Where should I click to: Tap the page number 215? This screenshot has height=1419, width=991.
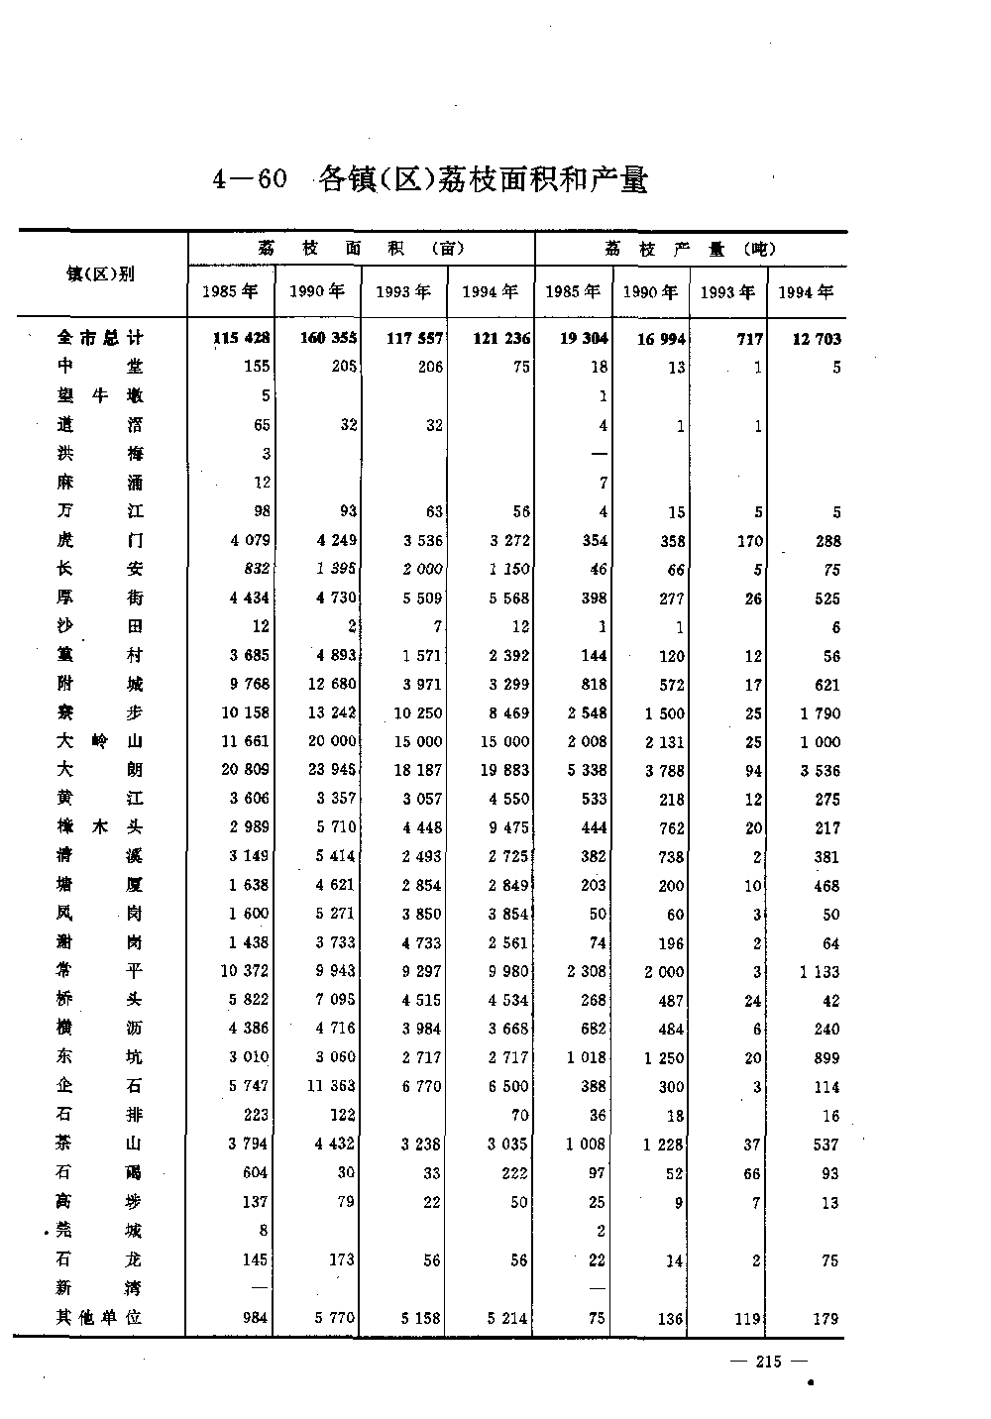coord(767,1362)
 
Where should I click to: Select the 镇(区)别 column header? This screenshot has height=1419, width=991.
coord(101,274)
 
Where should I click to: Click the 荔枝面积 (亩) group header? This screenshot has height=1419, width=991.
coord(361,249)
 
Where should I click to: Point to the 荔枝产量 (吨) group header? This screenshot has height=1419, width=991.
coord(690,249)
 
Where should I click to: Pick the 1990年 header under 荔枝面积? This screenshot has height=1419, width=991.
coord(317,291)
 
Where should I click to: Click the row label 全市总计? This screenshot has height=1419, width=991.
coord(101,338)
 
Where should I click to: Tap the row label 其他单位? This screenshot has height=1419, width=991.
coord(101,1317)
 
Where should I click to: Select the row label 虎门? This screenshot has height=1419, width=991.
coord(101,540)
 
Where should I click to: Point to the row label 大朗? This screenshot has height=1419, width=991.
coord(101,770)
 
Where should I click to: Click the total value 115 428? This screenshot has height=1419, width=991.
coord(241,338)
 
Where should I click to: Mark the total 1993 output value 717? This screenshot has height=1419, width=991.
coord(749,339)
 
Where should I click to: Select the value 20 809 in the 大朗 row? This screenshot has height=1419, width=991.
coord(244,770)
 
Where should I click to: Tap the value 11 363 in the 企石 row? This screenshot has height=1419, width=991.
coord(331,1086)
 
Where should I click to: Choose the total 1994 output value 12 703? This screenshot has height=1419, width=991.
coord(816,339)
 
